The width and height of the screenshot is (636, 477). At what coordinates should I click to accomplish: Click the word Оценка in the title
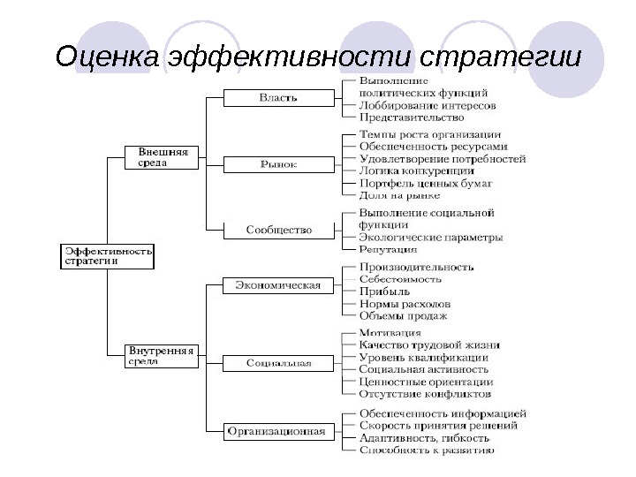click(x=104, y=57)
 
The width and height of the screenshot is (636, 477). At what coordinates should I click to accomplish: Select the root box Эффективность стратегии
click(x=106, y=256)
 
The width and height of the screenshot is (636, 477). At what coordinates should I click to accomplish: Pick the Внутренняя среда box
click(x=161, y=355)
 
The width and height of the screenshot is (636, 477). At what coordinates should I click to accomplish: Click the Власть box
click(x=277, y=98)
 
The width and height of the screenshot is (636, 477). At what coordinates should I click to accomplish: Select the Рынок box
click(x=277, y=164)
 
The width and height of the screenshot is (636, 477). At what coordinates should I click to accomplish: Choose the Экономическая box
click(x=276, y=285)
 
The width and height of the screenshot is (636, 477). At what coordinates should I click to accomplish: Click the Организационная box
click(x=276, y=432)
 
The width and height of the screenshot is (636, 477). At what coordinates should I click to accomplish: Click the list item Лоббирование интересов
click(x=428, y=104)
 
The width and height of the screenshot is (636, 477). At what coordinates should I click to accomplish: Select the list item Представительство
click(x=412, y=117)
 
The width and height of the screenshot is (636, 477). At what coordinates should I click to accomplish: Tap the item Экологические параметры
click(x=431, y=238)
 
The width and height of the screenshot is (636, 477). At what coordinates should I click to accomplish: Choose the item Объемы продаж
click(x=404, y=315)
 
